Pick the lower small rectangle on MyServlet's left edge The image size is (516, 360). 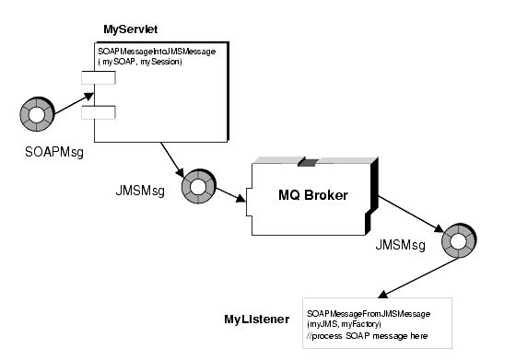point(97,112)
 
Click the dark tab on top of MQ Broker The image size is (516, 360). point(308,162)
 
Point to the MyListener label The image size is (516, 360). point(258,319)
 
